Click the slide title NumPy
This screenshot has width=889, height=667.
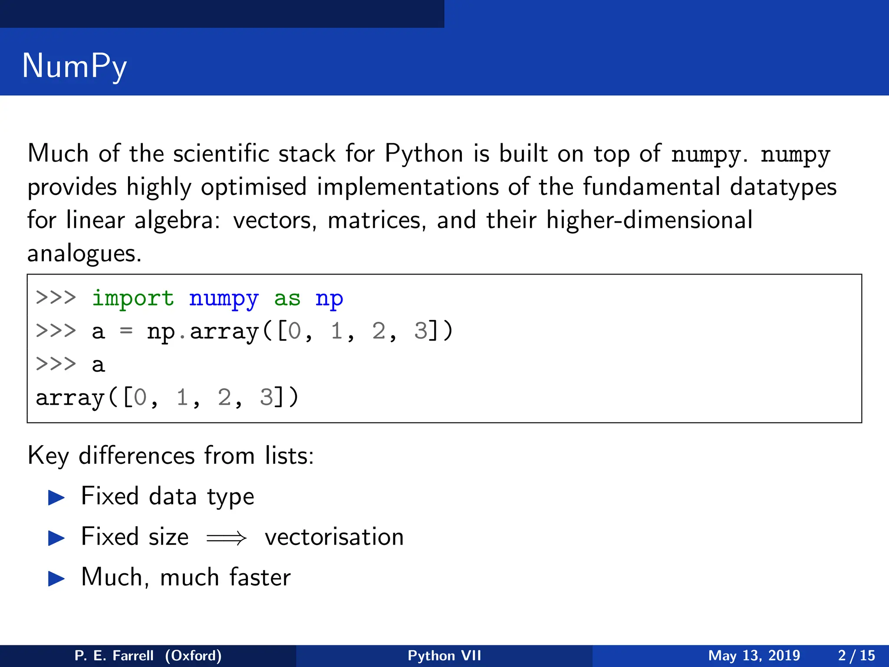tap(74, 66)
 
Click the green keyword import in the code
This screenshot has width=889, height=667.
tap(133, 299)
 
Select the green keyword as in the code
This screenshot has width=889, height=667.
tap(287, 299)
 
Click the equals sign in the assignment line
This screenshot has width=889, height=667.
tap(126, 331)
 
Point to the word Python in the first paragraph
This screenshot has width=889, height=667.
tap(424, 155)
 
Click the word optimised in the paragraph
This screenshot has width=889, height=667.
tap(254, 188)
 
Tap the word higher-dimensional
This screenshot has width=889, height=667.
tap(649, 221)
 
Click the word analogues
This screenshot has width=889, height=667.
tap(84, 254)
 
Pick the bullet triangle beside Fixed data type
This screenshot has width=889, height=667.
tap(56, 498)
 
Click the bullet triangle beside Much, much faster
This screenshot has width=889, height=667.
tap(56, 578)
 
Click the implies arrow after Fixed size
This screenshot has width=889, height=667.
tap(226, 538)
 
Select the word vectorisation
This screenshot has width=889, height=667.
tap(334, 538)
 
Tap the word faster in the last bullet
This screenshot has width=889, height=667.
tap(260, 578)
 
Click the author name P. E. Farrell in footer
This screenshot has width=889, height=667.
tap(114, 655)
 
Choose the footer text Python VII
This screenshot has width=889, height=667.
tap(444, 655)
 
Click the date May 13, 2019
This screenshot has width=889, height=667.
tap(754, 655)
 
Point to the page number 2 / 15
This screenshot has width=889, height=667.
tap(856, 655)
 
